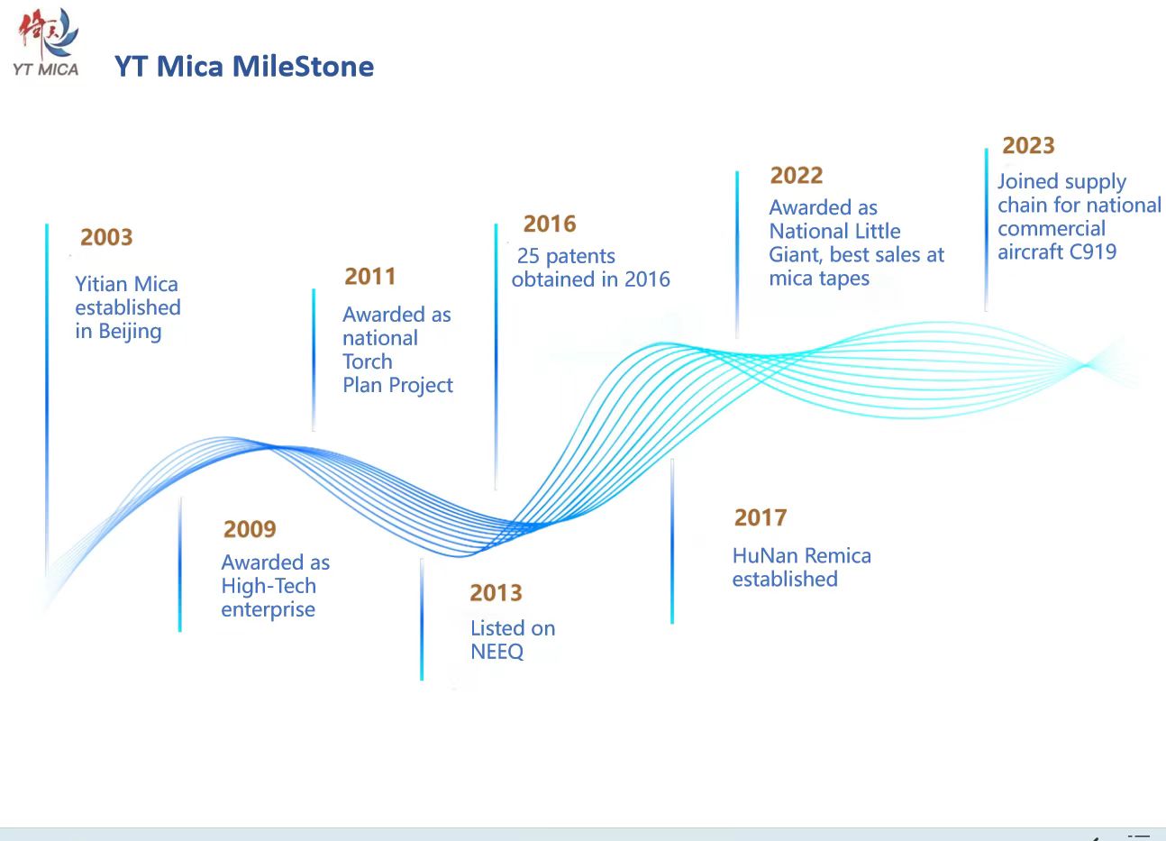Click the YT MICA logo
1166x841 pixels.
(x=46, y=42)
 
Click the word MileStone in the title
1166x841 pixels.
(x=303, y=67)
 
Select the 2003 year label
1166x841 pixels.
(x=106, y=237)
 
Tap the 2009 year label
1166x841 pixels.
(x=250, y=529)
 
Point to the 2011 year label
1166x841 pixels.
(x=370, y=277)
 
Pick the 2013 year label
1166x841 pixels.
(x=496, y=592)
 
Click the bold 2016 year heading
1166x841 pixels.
(x=550, y=224)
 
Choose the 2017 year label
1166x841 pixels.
(x=761, y=517)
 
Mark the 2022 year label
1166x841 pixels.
(x=797, y=176)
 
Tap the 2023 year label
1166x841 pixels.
(x=1028, y=146)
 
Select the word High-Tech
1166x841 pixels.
(x=269, y=587)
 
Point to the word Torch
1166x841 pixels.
(x=368, y=362)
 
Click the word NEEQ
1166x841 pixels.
(x=497, y=652)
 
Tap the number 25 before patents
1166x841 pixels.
(x=528, y=256)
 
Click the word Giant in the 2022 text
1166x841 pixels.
(x=796, y=256)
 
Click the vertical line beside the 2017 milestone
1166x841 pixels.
(x=672, y=541)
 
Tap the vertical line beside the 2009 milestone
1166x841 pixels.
(x=180, y=564)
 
